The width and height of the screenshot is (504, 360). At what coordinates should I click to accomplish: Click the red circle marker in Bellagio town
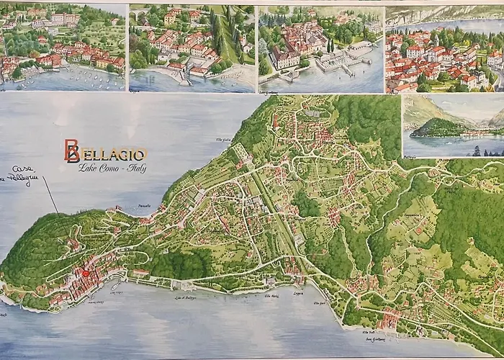(86, 273)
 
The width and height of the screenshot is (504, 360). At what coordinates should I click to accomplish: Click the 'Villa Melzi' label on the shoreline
(271, 296)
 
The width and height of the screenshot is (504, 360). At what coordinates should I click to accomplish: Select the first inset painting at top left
(63, 47)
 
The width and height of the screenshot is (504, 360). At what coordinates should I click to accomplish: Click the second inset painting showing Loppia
(192, 48)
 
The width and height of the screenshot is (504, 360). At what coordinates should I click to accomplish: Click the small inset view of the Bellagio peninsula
(452, 125)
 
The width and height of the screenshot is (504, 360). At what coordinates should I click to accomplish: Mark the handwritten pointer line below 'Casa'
(50, 196)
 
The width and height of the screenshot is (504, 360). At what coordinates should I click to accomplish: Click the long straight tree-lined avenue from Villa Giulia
(270, 195)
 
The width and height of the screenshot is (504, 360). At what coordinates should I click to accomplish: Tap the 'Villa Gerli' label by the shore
(319, 303)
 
